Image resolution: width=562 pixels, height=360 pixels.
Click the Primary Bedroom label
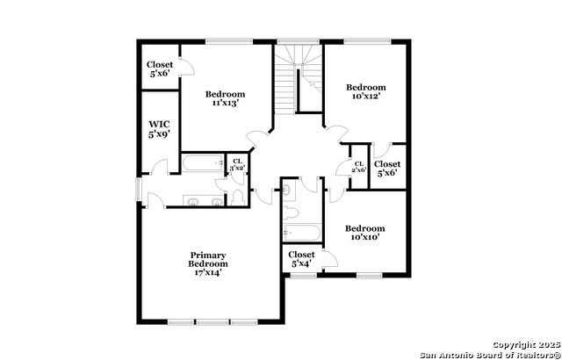point(208,260)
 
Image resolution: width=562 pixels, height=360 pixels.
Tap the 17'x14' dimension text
point(208,272)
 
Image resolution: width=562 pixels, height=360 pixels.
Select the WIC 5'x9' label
point(159,129)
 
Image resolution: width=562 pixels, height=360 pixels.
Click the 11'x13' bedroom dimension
point(225,103)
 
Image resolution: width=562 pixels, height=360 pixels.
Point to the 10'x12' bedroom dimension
point(366,96)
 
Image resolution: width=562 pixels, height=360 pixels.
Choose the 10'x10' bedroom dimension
point(365,237)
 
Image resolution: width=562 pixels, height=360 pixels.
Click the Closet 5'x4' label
point(301,259)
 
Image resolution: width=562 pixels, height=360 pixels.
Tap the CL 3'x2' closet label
point(237,164)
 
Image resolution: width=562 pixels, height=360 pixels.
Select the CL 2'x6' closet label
point(358,167)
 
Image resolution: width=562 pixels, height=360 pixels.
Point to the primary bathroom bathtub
point(203,163)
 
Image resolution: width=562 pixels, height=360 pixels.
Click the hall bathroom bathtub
point(301,233)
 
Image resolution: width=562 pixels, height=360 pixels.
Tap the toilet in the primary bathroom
point(237,198)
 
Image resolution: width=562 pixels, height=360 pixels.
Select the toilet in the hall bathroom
point(291,213)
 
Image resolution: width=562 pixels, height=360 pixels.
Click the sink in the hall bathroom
point(289,191)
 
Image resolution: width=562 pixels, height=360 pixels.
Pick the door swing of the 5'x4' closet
point(330,258)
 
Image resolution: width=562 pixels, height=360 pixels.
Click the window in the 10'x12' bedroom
point(367,41)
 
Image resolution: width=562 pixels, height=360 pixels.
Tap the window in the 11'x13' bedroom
point(229,41)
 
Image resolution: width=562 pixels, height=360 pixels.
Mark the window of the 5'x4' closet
point(303,276)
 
